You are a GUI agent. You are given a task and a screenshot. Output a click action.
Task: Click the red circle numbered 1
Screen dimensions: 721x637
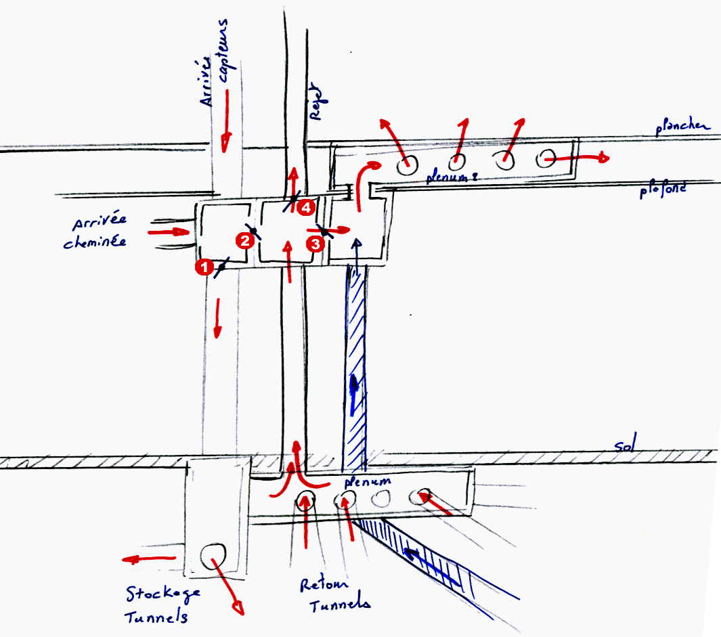(x=201, y=267)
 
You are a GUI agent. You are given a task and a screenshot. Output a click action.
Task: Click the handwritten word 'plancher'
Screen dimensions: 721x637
(x=682, y=126)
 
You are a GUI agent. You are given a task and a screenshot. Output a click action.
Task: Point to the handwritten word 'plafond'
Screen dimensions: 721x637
(x=664, y=190)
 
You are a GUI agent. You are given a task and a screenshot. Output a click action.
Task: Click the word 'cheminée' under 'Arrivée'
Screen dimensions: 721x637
(x=95, y=242)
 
